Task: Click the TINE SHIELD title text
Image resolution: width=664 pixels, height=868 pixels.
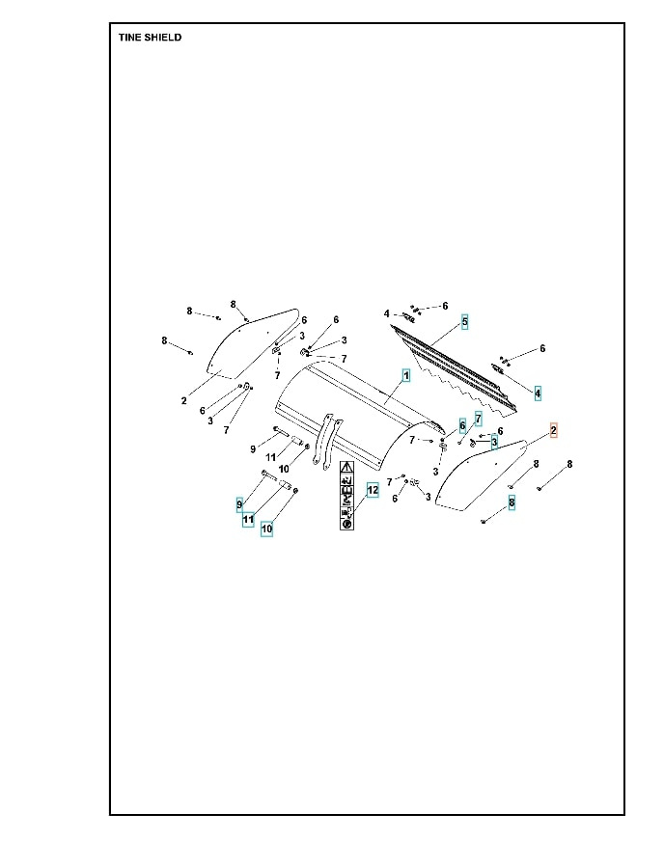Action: [x=150, y=38]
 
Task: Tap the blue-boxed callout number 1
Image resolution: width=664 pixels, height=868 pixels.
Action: [x=406, y=373]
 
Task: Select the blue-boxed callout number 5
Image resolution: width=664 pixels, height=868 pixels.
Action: [x=464, y=321]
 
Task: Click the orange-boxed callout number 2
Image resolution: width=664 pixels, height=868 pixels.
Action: [x=554, y=430]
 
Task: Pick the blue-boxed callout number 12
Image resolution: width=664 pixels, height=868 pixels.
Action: [x=373, y=490]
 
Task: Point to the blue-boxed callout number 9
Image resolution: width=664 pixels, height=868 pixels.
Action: [x=240, y=504]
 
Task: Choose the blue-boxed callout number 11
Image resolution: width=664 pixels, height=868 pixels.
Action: [x=248, y=519]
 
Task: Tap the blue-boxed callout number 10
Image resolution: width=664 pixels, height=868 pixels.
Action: [x=266, y=529]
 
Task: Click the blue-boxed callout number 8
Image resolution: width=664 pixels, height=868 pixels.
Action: [x=512, y=502]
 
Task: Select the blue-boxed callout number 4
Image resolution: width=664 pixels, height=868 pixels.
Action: [x=538, y=393]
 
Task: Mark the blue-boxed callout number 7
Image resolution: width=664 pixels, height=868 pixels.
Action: [x=478, y=419]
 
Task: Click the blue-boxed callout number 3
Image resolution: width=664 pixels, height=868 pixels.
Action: [x=494, y=443]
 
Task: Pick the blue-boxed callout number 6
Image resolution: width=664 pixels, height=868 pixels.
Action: [x=462, y=424]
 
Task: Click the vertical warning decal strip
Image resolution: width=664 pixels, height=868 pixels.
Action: [x=346, y=495]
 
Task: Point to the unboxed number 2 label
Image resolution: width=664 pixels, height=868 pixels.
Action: [x=183, y=400]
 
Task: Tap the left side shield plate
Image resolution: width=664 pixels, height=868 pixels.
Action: [x=249, y=342]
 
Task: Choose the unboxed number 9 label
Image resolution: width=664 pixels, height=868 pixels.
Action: [x=253, y=448]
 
